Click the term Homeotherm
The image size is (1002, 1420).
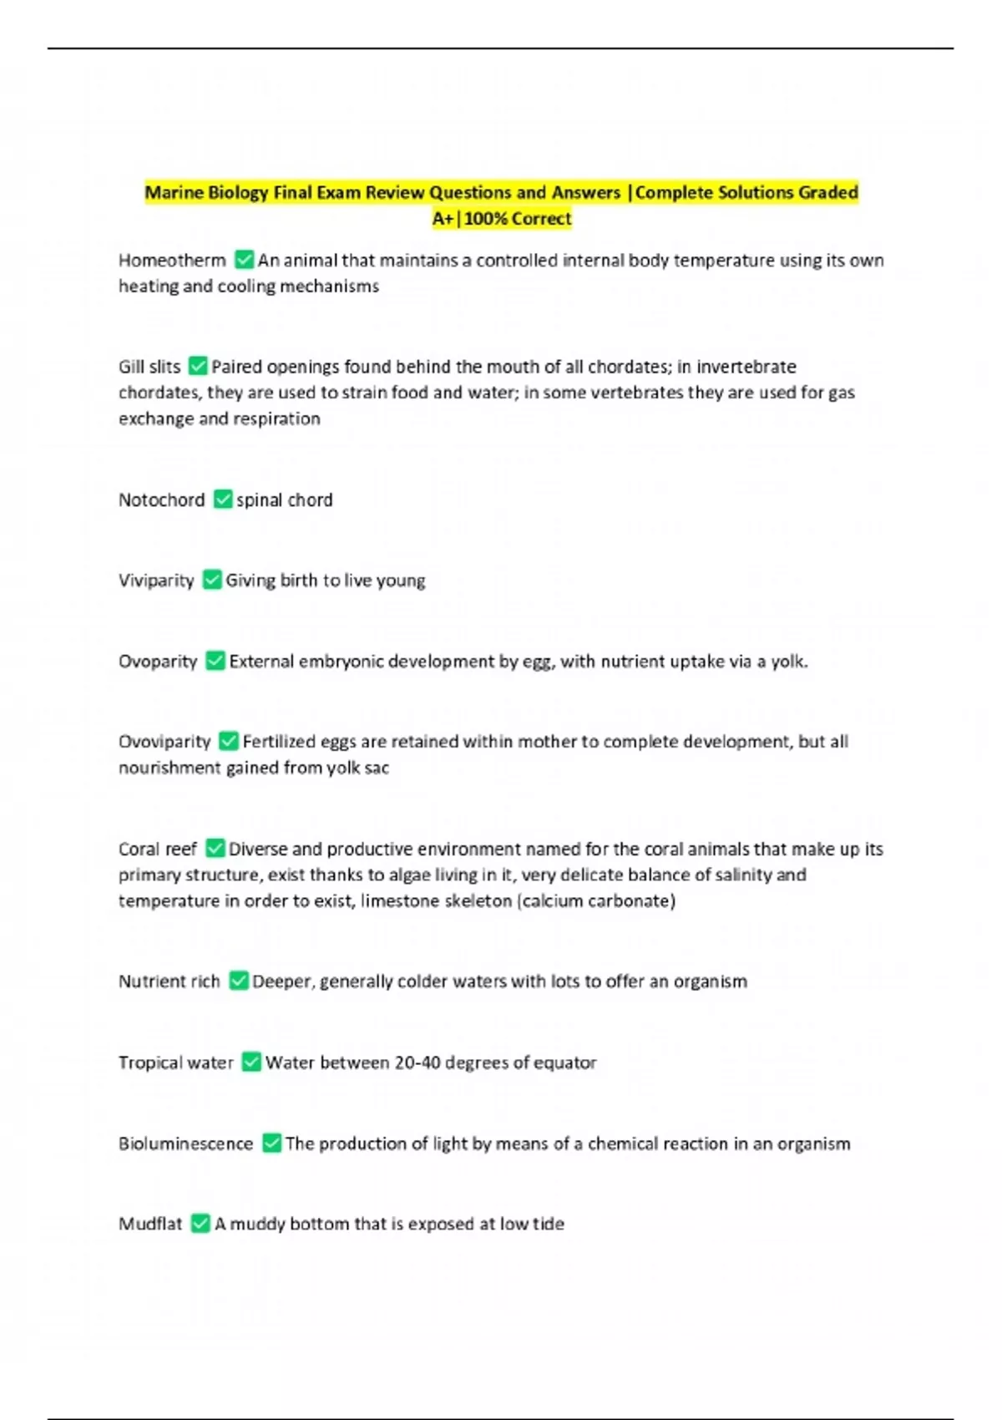[172, 261]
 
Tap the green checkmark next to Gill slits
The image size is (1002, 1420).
[198, 366]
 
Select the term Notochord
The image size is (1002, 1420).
[161, 500]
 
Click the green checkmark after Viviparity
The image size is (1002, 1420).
[212, 580]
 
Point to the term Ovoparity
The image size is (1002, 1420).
[158, 662]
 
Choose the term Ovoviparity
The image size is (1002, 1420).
[164, 742]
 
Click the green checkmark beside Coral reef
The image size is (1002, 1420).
[215, 849]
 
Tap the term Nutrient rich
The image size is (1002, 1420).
[169, 981]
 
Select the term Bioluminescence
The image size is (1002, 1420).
[185, 1144]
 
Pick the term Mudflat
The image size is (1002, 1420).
[150, 1224]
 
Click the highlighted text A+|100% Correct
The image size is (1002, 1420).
[502, 219]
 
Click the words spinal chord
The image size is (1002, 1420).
[284, 500]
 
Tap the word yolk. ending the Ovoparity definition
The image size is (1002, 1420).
[789, 662]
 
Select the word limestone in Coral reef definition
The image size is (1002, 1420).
[401, 901]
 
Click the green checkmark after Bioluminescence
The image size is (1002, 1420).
[271, 1143]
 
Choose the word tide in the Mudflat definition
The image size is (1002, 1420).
[549, 1224]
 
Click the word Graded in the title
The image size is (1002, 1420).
[827, 193]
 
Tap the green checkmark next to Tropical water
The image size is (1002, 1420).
[251, 1062]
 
